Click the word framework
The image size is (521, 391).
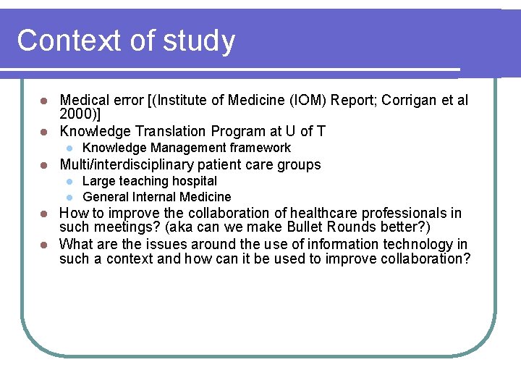point(260,148)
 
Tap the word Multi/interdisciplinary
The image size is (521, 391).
point(126,164)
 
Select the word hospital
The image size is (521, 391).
point(193,181)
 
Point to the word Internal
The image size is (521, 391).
point(158,197)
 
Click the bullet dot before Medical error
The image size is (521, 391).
point(43,100)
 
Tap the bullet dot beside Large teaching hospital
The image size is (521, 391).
point(69,181)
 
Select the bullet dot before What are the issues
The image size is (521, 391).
point(43,245)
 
